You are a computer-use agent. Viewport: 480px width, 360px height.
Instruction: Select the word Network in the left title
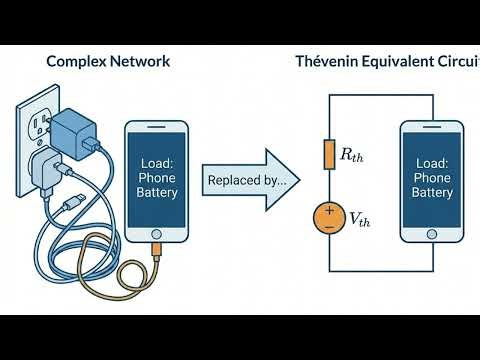(137, 61)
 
